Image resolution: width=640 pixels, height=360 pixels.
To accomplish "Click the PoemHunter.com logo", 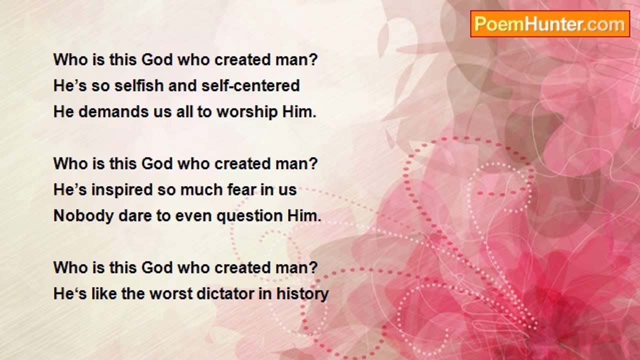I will click(x=549, y=24).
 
